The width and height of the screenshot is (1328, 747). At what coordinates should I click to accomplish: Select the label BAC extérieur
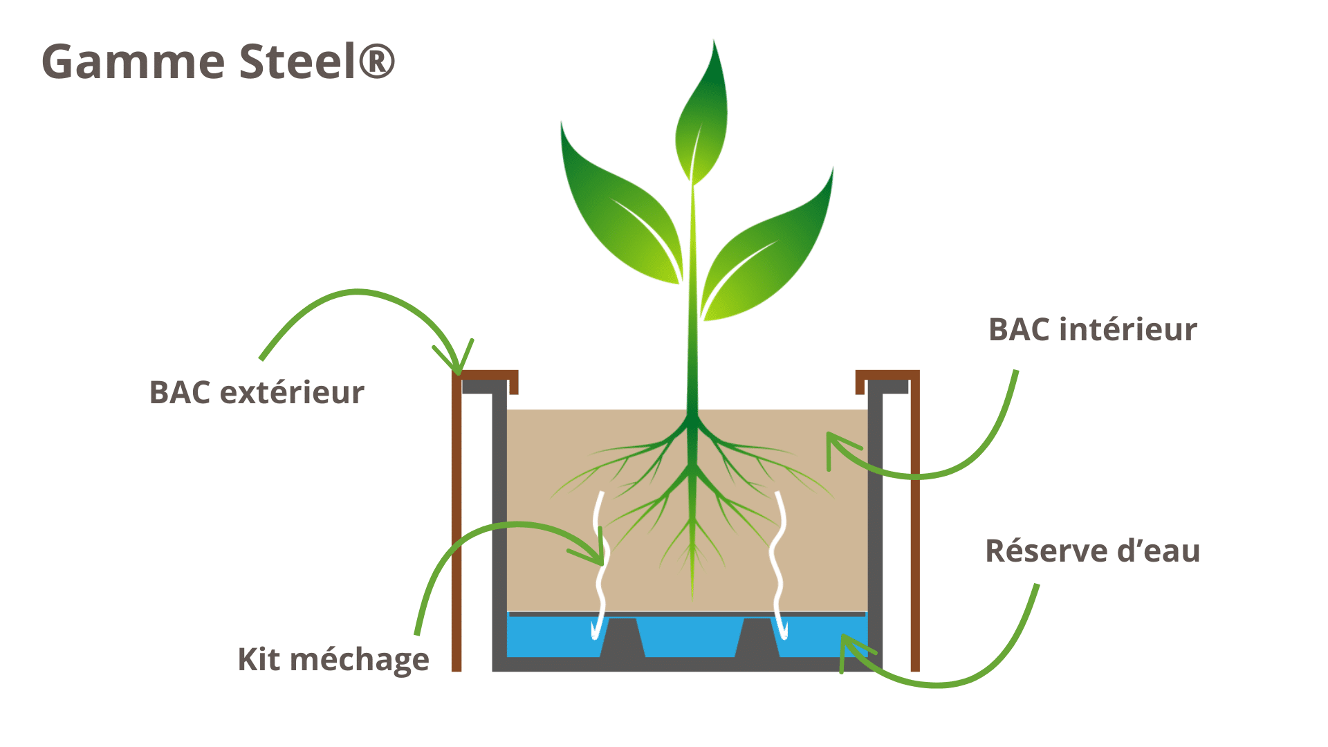(257, 393)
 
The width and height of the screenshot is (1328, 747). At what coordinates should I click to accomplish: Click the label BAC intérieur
(1093, 330)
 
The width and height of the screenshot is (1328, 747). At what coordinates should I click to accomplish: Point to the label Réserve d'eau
(1093, 551)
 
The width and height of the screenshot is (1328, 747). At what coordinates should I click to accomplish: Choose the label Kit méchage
(333, 660)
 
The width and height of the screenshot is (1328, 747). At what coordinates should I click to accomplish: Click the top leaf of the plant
(703, 118)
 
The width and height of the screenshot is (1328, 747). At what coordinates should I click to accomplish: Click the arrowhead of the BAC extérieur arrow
(458, 367)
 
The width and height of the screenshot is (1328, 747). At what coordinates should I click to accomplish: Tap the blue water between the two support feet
(690, 636)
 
